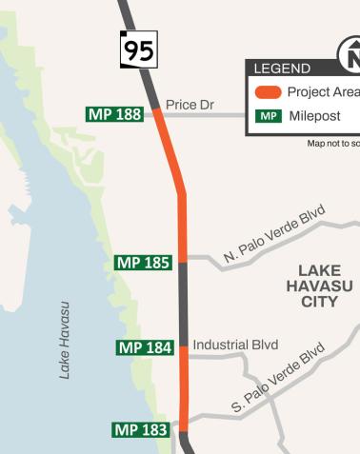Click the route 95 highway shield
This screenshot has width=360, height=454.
tap(138, 49)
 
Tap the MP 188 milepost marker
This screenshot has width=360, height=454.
tap(115, 114)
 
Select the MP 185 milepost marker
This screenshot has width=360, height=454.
tap(143, 262)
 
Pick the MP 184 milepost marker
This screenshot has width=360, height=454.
tap(145, 347)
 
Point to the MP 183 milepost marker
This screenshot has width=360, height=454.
tap(141, 430)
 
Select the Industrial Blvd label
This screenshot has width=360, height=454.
tap(235, 345)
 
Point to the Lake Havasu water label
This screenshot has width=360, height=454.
tap(65, 340)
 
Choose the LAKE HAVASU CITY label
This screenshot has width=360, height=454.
tap(319, 286)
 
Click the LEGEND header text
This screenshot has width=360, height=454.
tap(282, 69)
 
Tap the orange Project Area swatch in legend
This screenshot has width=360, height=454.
tap(268, 92)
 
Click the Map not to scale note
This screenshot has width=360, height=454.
tap(332, 144)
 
